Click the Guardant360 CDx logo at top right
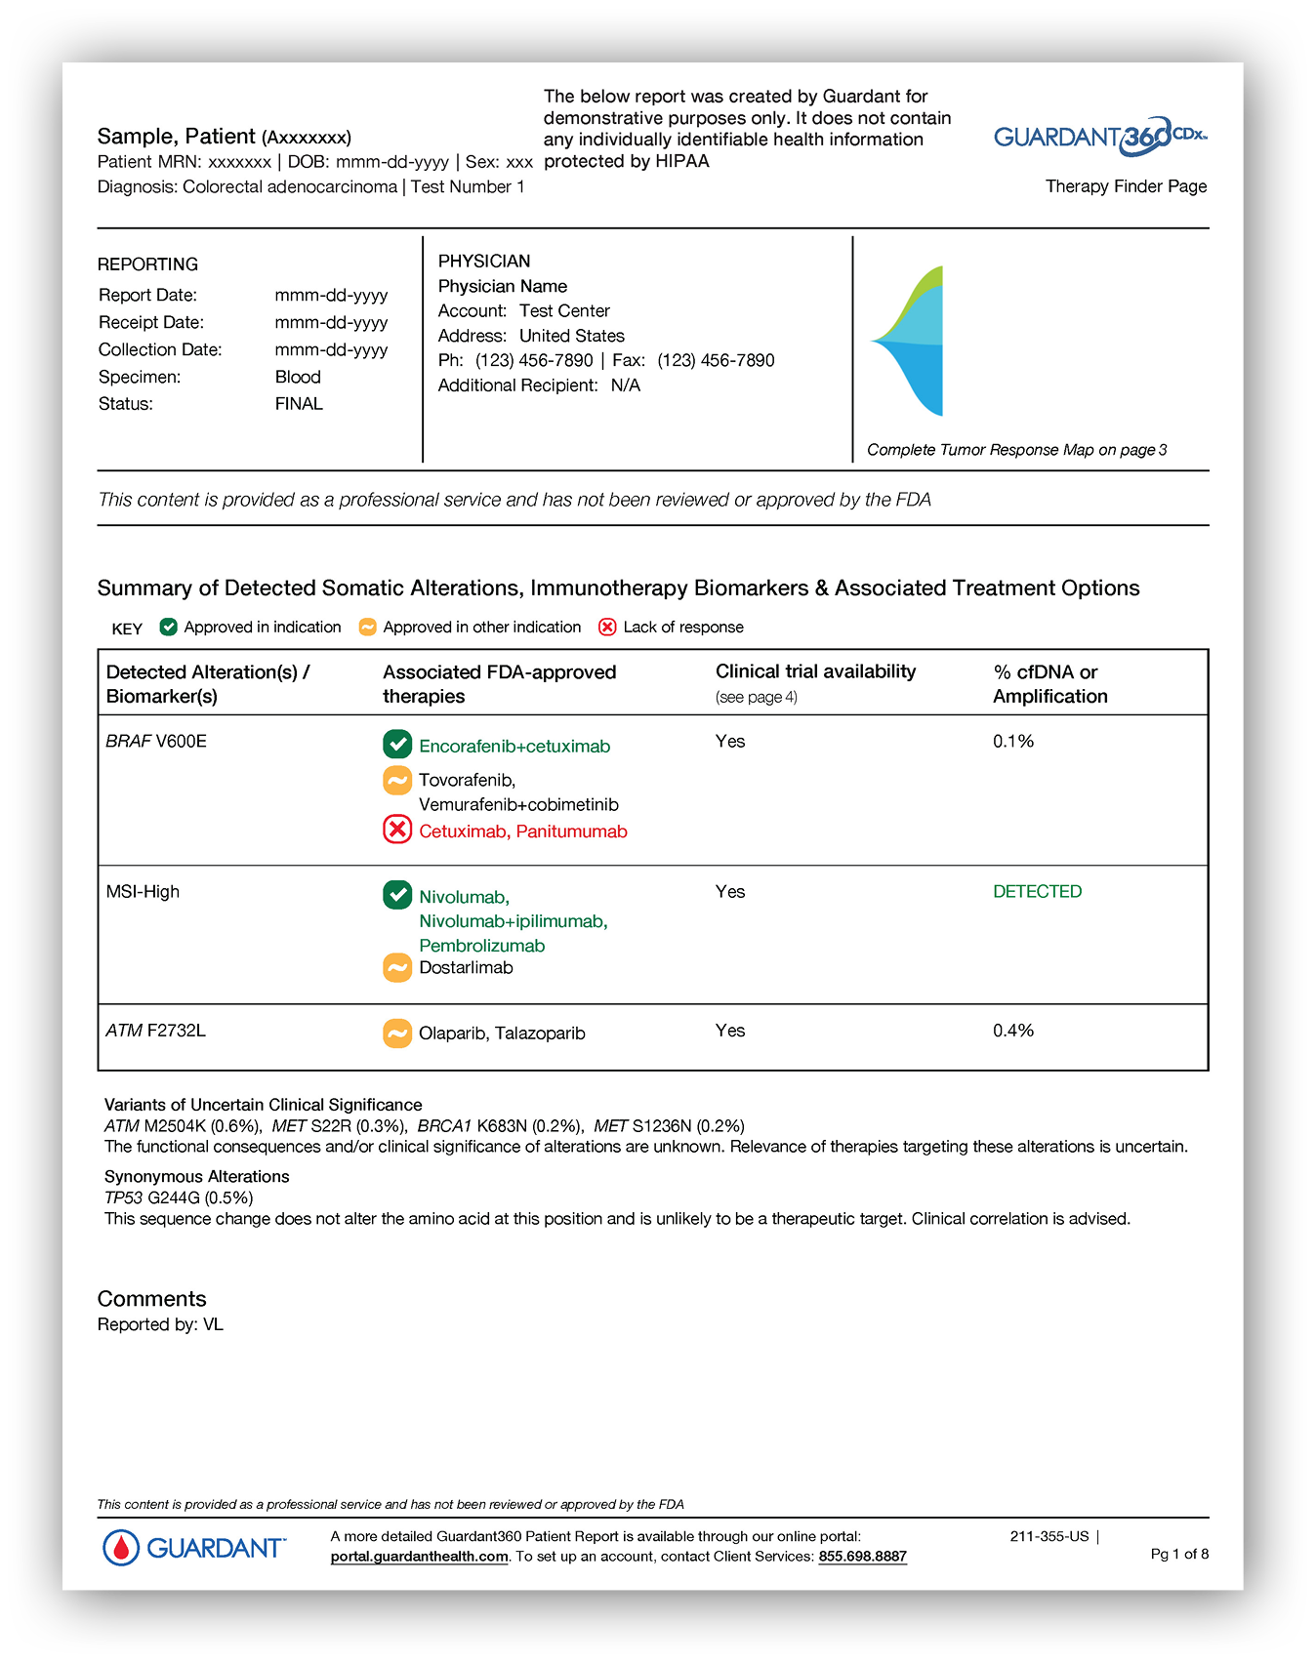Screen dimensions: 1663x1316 tap(1100, 137)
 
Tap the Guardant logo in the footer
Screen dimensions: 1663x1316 tap(194, 1548)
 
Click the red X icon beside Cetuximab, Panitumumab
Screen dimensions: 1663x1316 tap(397, 831)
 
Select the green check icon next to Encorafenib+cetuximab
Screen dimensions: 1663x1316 tap(397, 745)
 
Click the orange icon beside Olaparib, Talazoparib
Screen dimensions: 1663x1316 tap(397, 1033)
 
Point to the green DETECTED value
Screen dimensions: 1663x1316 tap(1037, 891)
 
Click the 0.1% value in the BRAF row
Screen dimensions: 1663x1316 tap(1013, 741)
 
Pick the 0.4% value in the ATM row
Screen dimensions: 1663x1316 tap(1013, 1031)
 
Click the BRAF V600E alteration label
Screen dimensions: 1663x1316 tap(156, 741)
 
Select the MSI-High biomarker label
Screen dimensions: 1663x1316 tap(143, 891)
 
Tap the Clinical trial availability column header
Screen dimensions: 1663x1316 tap(815, 671)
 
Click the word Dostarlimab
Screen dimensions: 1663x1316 tap(466, 968)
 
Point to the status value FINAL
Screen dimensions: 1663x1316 tap(299, 404)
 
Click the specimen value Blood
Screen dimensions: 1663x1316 tap(298, 377)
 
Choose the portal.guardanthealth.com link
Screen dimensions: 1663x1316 tap(419, 1557)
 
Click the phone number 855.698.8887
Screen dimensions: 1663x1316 tap(862, 1557)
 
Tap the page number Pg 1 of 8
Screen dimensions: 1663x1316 tap(1179, 1554)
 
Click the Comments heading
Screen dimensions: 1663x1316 tap(151, 1299)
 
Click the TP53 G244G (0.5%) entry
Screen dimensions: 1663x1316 tap(179, 1197)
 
